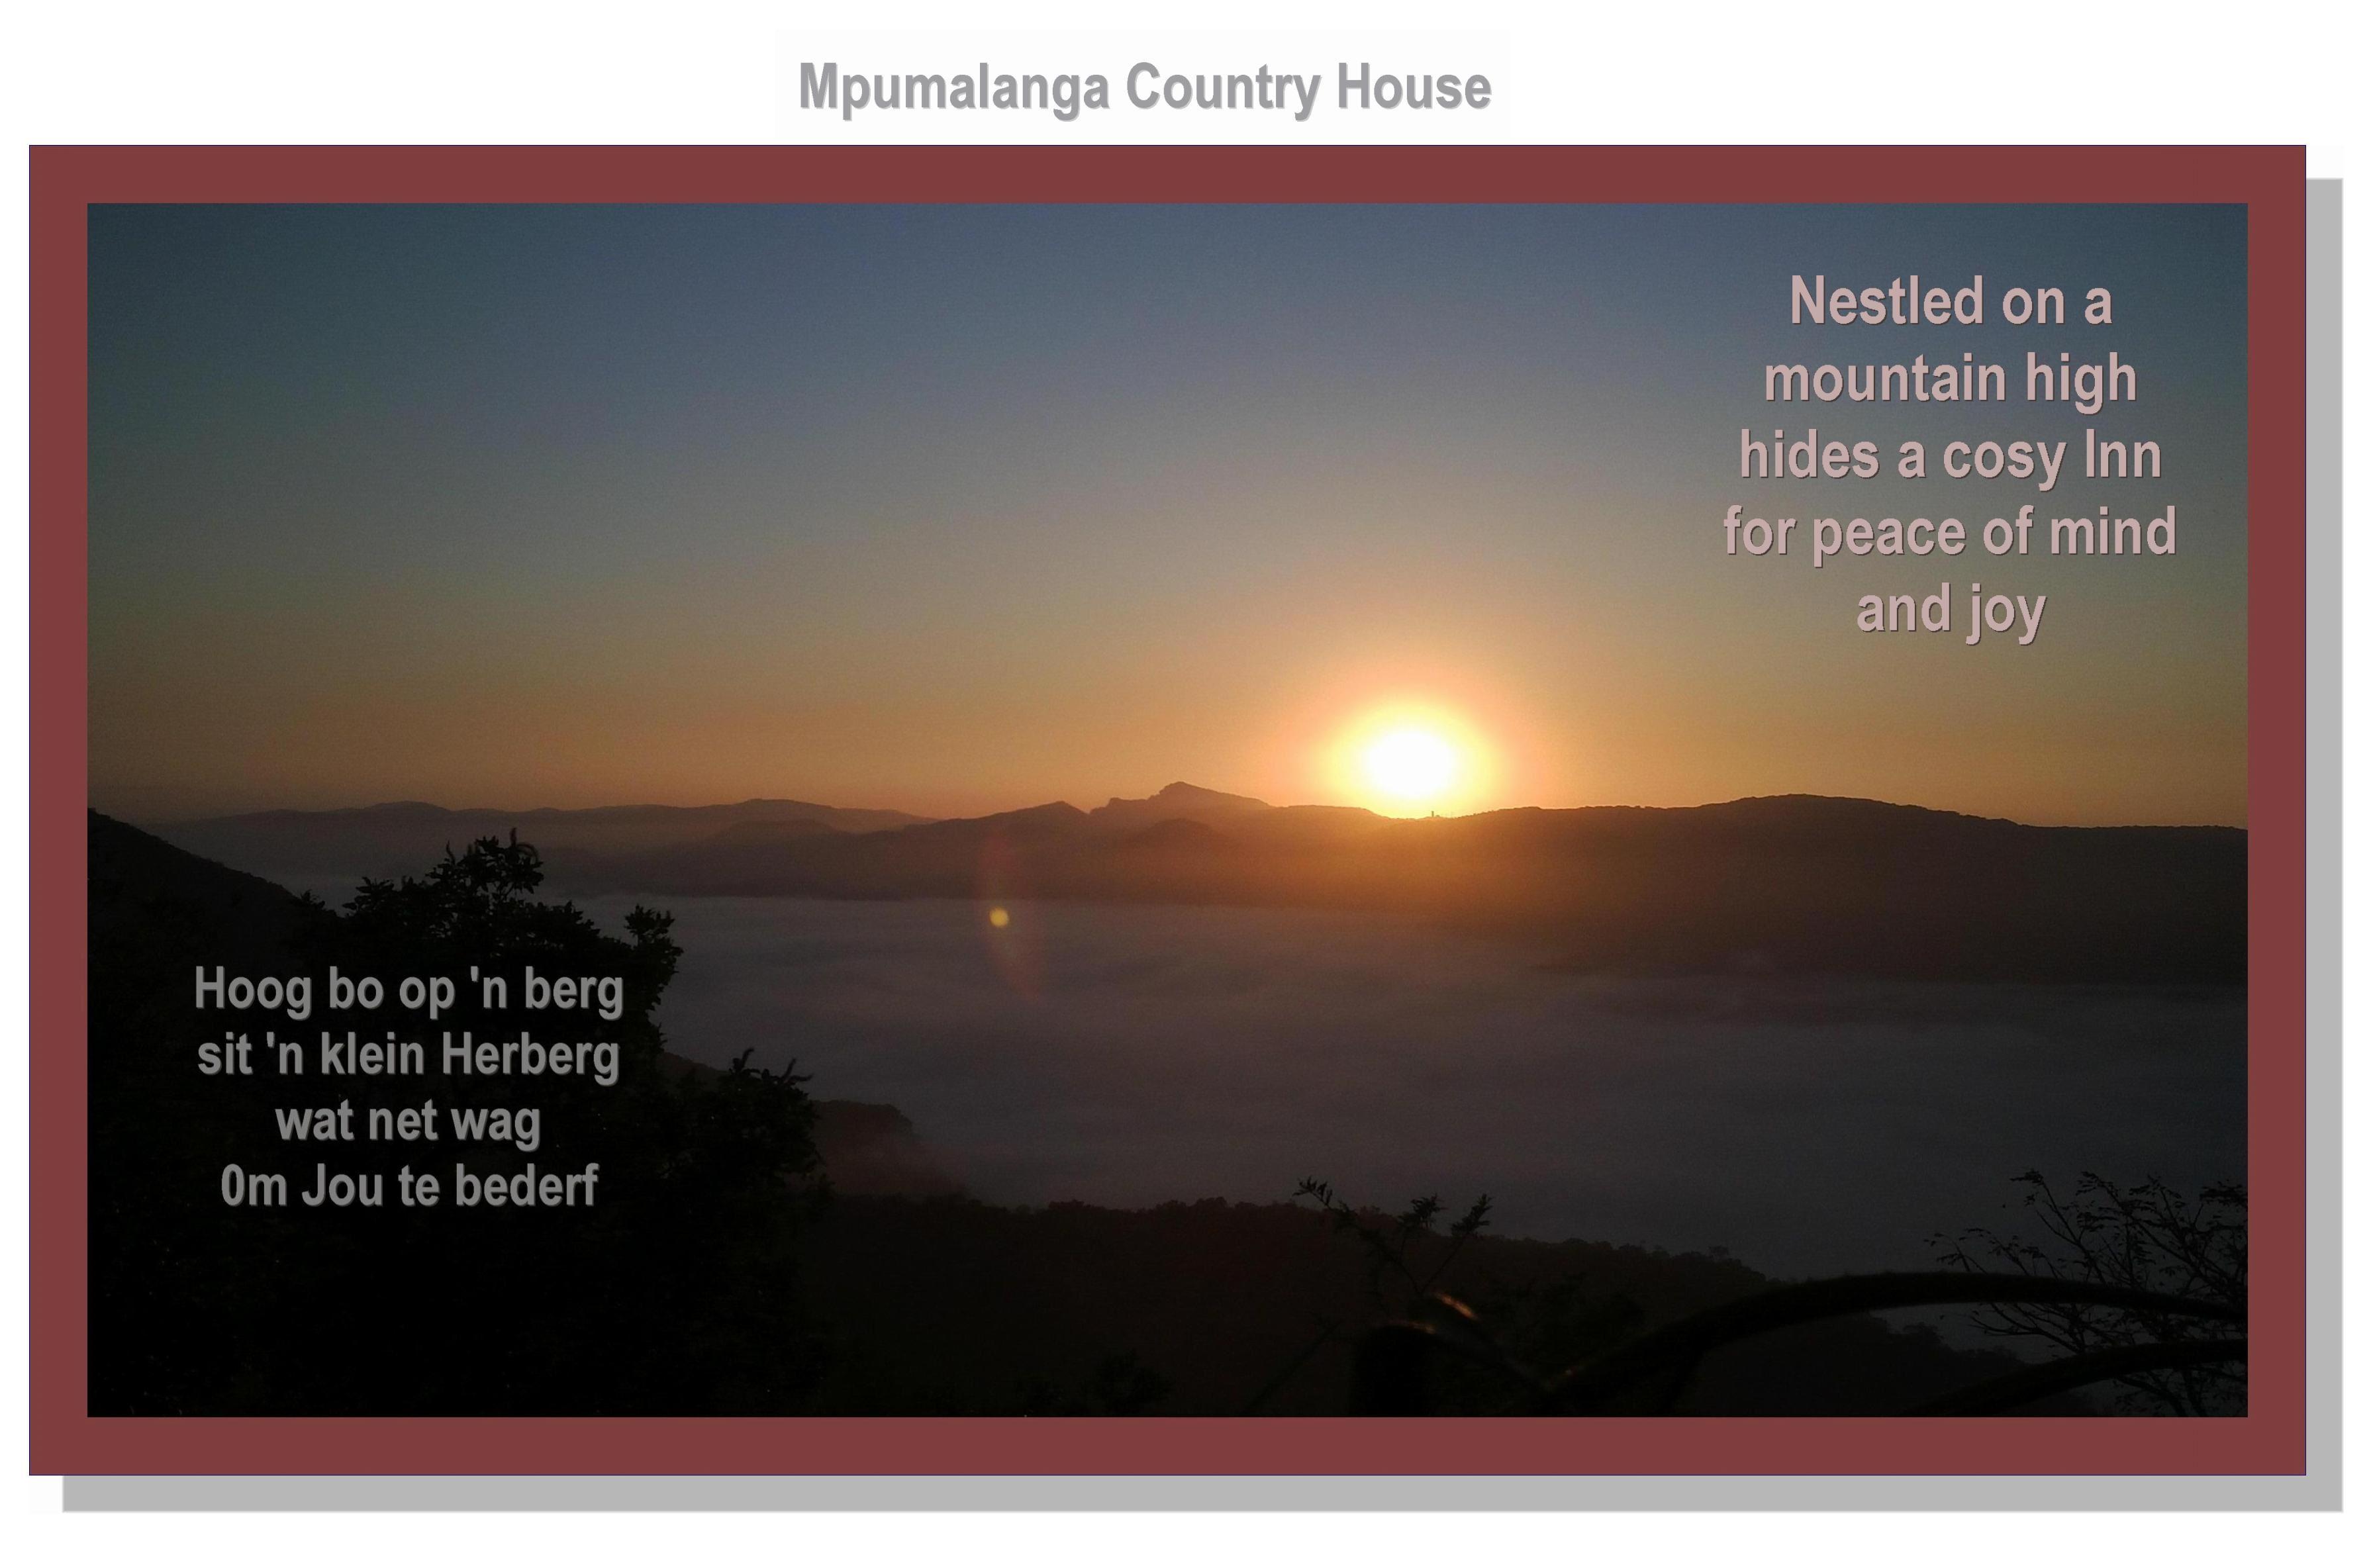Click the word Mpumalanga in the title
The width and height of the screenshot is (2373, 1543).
(954, 89)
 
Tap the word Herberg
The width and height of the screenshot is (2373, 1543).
(530, 1054)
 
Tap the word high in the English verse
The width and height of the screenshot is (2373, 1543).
(2081, 380)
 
